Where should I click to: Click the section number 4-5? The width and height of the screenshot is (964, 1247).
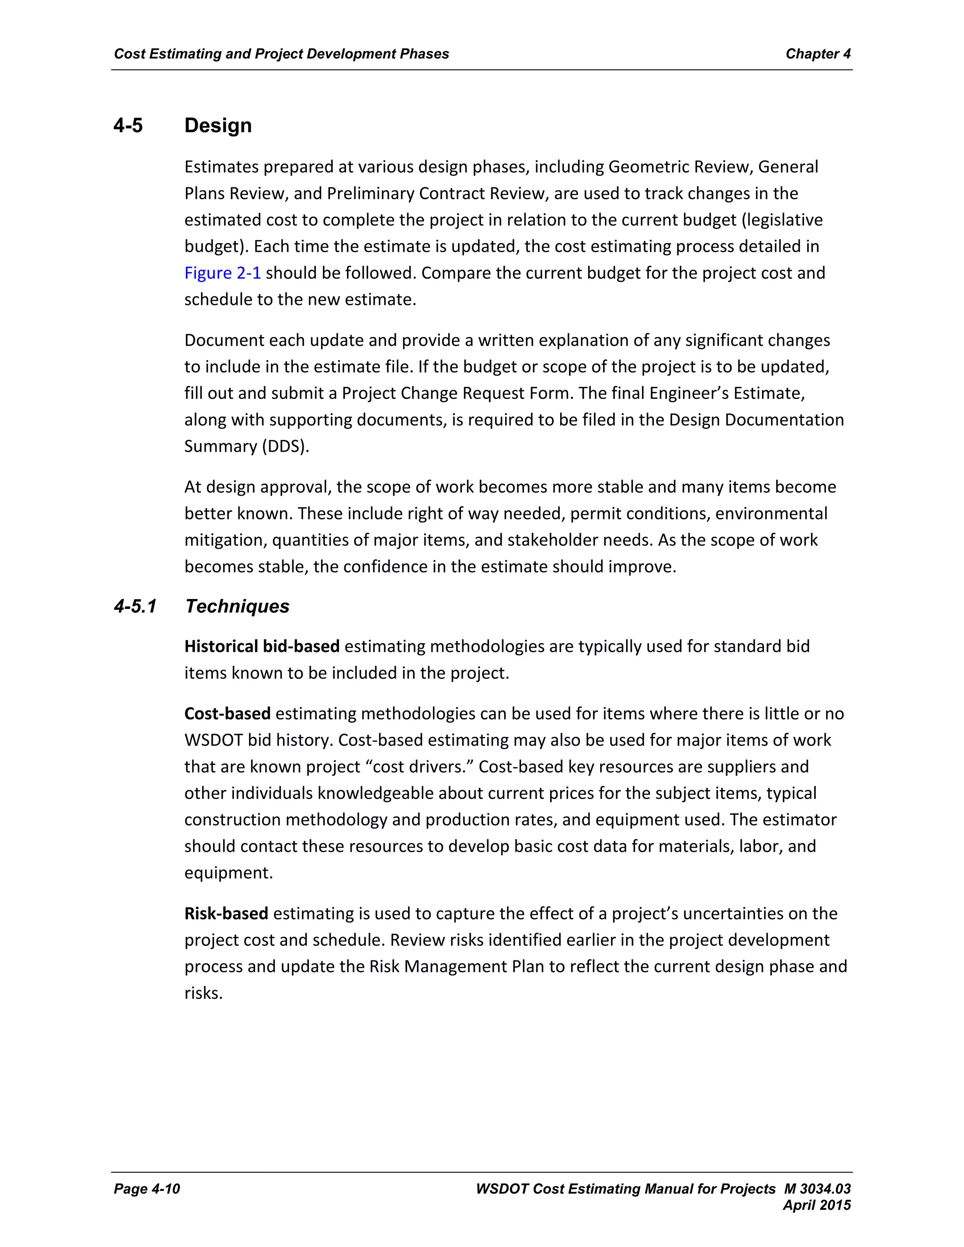(128, 126)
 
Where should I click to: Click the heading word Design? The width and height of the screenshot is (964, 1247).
(217, 126)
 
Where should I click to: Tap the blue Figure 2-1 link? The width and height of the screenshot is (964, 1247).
(222, 273)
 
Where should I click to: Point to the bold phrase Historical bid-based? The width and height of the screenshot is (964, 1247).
(262, 647)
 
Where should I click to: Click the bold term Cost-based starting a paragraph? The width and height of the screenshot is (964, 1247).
(227, 714)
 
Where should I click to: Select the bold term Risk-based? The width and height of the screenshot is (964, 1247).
(226, 913)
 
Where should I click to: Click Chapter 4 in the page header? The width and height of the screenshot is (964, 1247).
(818, 54)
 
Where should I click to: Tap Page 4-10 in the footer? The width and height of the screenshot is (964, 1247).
(147, 1189)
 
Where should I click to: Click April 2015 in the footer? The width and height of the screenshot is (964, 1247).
(817, 1205)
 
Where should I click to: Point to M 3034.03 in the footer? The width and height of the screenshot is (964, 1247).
(817, 1189)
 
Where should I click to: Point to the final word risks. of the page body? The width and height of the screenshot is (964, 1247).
(203, 993)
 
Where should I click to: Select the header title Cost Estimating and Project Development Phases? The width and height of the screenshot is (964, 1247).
(281, 54)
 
